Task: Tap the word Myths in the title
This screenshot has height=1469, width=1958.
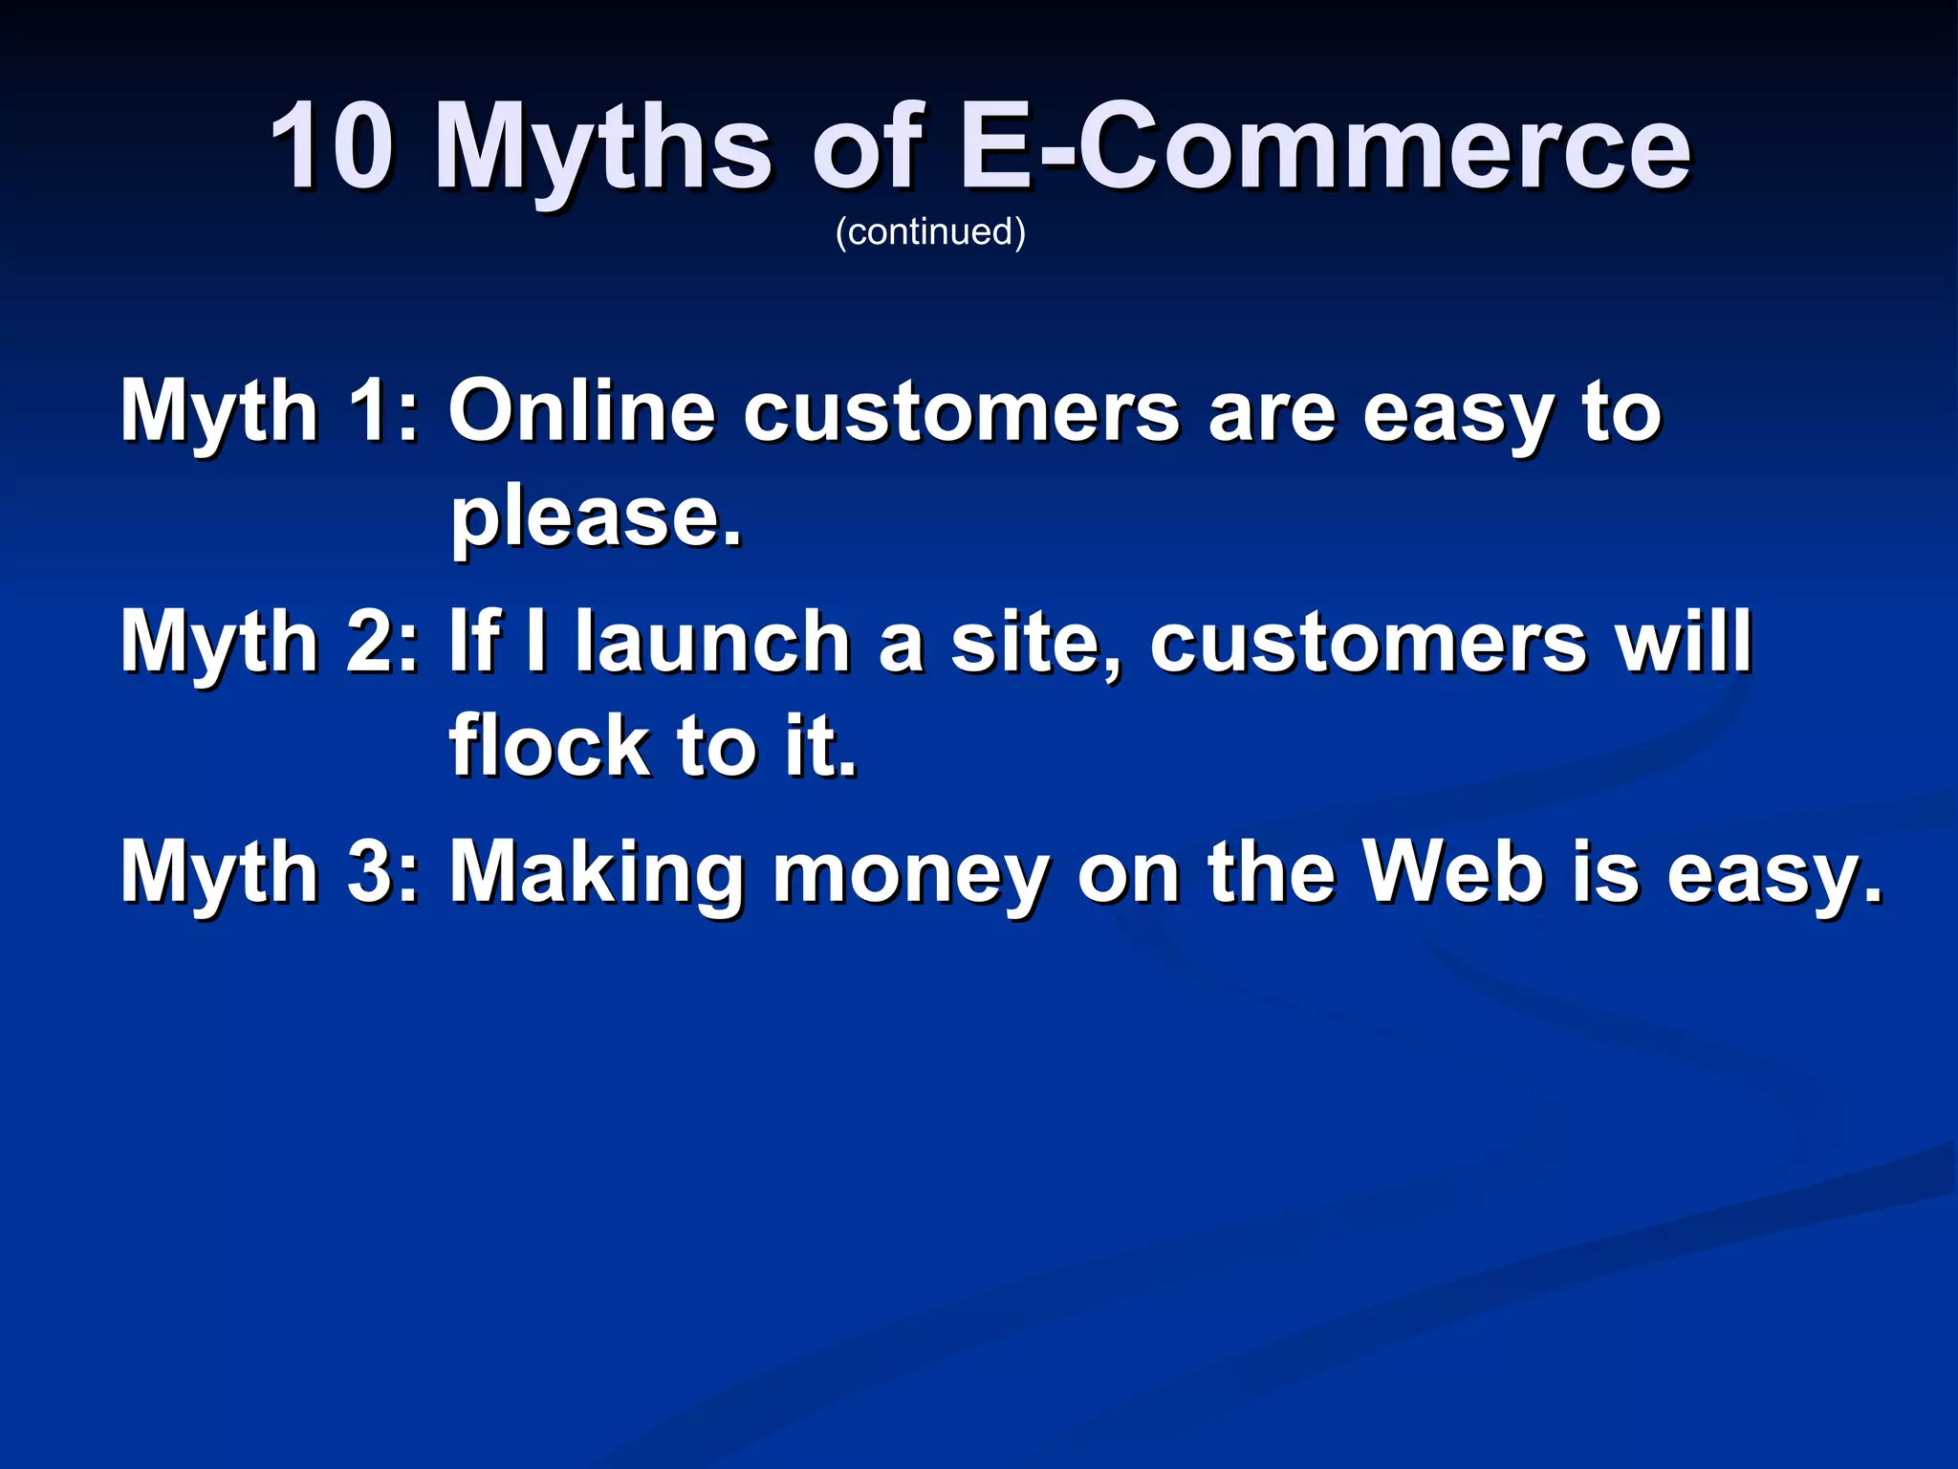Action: [x=601, y=153]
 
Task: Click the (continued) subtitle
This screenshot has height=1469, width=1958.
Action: [x=930, y=232]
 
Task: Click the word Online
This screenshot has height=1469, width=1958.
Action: [x=582, y=411]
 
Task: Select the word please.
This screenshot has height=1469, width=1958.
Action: [x=596, y=521]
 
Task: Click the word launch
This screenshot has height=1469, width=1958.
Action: [x=712, y=641]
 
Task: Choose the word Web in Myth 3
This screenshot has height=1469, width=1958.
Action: [x=1453, y=870]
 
